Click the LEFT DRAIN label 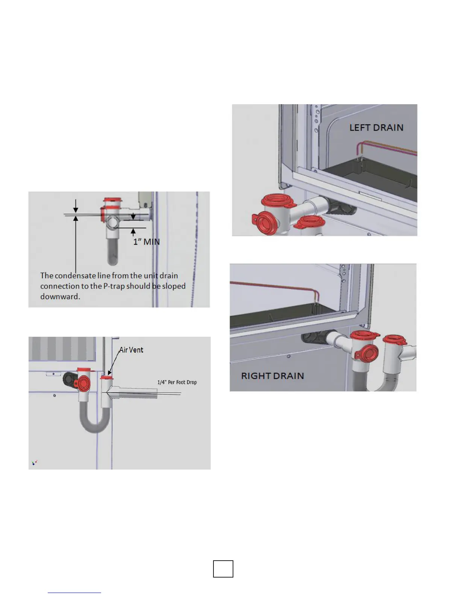coord(376,128)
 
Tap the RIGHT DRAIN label coord(272,376)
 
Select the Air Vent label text coord(131,350)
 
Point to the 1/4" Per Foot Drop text coord(177,382)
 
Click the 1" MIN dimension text coord(147,242)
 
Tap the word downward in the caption coord(60,296)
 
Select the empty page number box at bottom coord(223,569)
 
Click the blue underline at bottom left coord(74,593)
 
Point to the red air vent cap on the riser coord(107,377)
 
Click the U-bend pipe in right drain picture coord(376,384)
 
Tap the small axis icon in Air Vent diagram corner coord(35,462)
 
